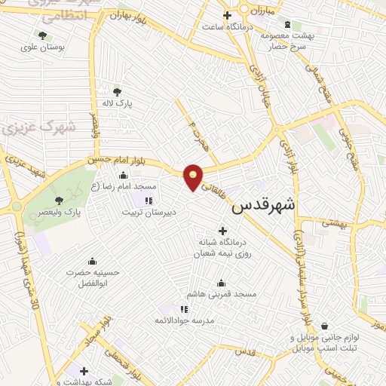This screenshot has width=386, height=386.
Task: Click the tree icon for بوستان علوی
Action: point(42,35)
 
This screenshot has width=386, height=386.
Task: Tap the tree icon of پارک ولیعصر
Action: point(60,201)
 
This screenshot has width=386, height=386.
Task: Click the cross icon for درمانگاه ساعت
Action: point(226,15)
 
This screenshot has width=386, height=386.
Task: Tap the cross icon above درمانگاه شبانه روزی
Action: point(222,231)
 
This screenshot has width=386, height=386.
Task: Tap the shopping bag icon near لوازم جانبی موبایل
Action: point(324,326)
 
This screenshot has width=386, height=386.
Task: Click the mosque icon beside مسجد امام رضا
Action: point(123,176)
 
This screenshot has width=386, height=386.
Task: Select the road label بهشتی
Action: point(332,222)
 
